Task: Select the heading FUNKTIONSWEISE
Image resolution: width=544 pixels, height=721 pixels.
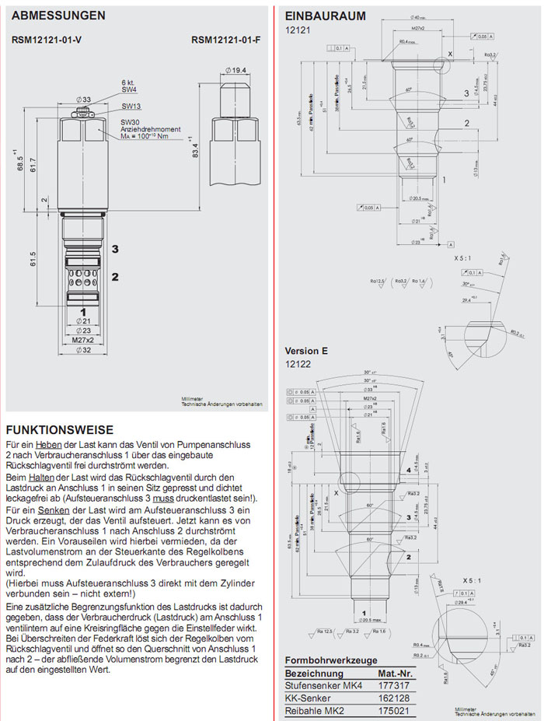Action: pos(60,429)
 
